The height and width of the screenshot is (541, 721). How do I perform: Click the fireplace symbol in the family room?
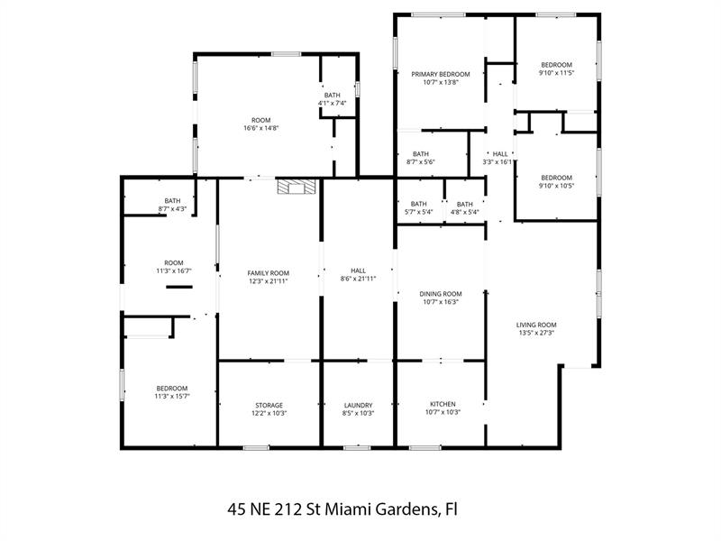pyautogui.click(x=297, y=187)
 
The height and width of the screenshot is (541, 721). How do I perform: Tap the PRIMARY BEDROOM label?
pyautogui.click(x=441, y=74)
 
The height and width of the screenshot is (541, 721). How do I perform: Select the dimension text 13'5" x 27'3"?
pyautogui.click(x=536, y=333)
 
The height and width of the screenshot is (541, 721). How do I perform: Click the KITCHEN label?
pyautogui.click(x=443, y=404)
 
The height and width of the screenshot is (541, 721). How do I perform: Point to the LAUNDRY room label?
pyautogui.click(x=358, y=405)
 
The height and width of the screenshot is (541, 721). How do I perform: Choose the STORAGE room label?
pyautogui.click(x=269, y=405)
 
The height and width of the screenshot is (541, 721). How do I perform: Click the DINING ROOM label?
pyautogui.click(x=441, y=294)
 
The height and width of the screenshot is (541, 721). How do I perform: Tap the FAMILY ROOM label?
pyautogui.click(x=268, y=273)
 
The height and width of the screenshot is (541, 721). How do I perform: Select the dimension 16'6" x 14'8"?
pyautogui.click(x=261, y=128)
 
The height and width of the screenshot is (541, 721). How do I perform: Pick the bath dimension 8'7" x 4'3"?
pyautogui.click(x=172, y=209)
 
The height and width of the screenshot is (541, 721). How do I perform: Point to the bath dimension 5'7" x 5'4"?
pyautogui.click(x=418, y=212)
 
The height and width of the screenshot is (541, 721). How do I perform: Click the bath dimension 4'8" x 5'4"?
pyautogui.click(x=465, y=212)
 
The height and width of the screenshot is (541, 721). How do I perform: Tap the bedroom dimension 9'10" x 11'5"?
pyautogui.click(x=556, y=73)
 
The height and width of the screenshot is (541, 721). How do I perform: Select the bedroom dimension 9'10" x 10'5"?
pyautogui.click(x=556, y=186)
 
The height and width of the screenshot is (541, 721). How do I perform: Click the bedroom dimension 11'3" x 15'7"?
pyautogui.click(x=172, y=396)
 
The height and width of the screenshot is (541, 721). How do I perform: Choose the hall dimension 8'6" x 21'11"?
pyautogui.click(x=358, y=279)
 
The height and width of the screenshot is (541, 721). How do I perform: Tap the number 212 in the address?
pyautogui.click(x=289, y=509)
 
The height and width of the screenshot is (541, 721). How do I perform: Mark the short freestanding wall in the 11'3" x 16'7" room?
pyautogui.click(x=179, y=287)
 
